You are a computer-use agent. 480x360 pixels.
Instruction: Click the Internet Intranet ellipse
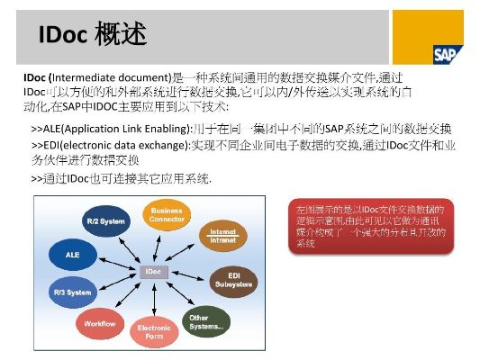pyautogui.click(x=222, y=235)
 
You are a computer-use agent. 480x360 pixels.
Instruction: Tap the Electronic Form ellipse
pyautogui.click(x=154, y=334)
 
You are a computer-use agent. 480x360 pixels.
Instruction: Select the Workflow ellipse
pyautogui.click(x=100, y=322)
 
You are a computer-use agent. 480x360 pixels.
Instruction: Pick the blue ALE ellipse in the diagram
pyautogui.click(x=74, y=256)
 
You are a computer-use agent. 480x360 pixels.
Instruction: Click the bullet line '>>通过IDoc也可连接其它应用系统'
pyautogui.click(x=122, y=179)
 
